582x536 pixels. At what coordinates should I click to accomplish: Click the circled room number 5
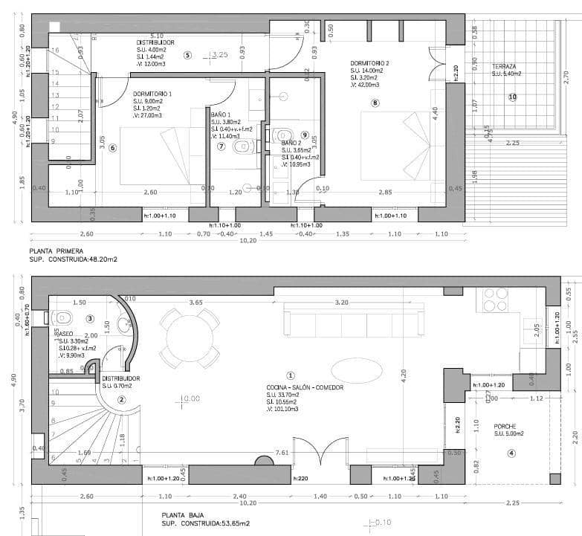[x=187, y=54]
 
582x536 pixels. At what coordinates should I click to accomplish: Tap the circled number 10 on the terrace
[x=512, y=97]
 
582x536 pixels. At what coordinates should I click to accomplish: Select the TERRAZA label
[x=504, y=66]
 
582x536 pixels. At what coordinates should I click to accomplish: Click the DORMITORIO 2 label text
[x=369, y=64]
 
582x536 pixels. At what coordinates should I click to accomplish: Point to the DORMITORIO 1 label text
[x=152, y=94]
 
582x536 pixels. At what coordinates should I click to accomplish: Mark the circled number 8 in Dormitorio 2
[x=375, y=103]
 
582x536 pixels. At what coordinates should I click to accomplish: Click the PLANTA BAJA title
[x=183, y=514]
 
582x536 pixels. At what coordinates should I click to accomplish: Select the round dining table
[x=189, y=338]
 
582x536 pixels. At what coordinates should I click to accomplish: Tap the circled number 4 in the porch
[x=511, y=454]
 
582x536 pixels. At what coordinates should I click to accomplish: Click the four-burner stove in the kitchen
[x=496, y=299]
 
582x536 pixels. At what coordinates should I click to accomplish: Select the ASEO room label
[x=65, y=335]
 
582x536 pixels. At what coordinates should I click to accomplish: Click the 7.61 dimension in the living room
[x=282, y=452]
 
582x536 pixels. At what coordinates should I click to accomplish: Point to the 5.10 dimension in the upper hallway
[x=156, y=36]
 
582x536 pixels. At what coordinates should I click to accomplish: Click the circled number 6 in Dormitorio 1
[x=112, y=147]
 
